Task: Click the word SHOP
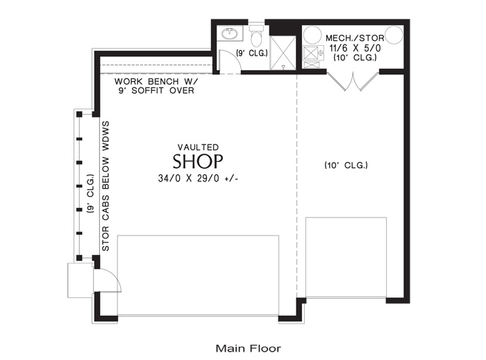tap(198, 161)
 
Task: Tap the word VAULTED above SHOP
tap(198, 147)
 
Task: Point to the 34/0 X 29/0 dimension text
tap(198, 179)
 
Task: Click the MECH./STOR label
tap(355, 38)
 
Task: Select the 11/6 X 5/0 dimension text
tap(355, 48)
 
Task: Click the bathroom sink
tap(230, 33)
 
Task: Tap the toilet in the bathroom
tap(256, 35)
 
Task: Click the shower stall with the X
tap(283, 53)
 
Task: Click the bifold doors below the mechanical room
tap(353, 81)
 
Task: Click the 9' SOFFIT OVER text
tap(156, 90)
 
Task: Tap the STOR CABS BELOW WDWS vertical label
tap(106, 186)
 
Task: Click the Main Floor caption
tap(249, 348)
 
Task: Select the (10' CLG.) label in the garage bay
tap(346, 165)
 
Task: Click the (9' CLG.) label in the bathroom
tap(252, 54)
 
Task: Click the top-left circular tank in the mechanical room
tap(312, 35)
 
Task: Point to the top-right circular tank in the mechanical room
tap(394, 35)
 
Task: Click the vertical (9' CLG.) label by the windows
tap(90, 194)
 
